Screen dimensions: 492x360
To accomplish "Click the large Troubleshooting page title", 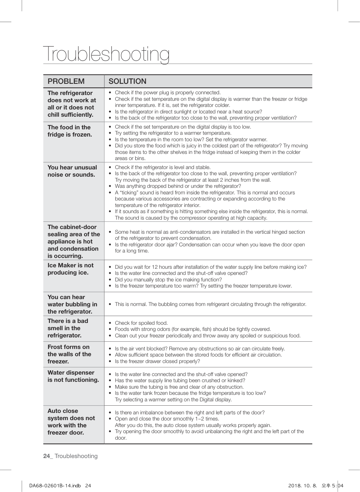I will click(106, 54).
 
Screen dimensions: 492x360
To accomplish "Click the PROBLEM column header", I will click(66, 81).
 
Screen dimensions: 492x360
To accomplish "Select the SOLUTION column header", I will click(128, 81).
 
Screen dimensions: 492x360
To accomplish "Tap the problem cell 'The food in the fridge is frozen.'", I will click(70, 131).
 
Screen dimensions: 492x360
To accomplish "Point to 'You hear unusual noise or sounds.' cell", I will click(72, 171).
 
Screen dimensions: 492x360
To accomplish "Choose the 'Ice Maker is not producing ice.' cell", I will click(70, 269).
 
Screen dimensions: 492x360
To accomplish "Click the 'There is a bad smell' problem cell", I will click(68, 328).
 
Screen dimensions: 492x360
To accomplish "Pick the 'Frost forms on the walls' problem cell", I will click(69, 354).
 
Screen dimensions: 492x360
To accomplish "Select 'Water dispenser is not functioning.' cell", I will click(73, 376).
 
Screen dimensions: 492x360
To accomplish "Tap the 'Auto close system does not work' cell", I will click(71, 422).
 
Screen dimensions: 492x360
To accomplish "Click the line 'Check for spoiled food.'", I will click(141, 323).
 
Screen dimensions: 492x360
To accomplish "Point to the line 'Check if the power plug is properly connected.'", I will click(168, 92).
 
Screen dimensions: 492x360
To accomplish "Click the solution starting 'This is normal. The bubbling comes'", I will click(210, 304).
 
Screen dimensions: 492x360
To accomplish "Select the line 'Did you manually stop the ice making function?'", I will click(168, 280).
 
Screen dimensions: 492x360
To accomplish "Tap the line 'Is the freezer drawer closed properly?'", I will click(157, 361).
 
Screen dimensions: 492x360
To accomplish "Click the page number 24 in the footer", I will click(47, 456).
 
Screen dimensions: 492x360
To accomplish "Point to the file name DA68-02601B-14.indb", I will click(55, 485).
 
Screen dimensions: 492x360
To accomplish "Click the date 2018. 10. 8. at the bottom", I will click(303, 485).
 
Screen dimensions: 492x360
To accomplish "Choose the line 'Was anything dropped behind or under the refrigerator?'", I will click(178, 186).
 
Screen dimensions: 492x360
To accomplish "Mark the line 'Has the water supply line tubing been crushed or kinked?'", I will click(180, 380).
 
